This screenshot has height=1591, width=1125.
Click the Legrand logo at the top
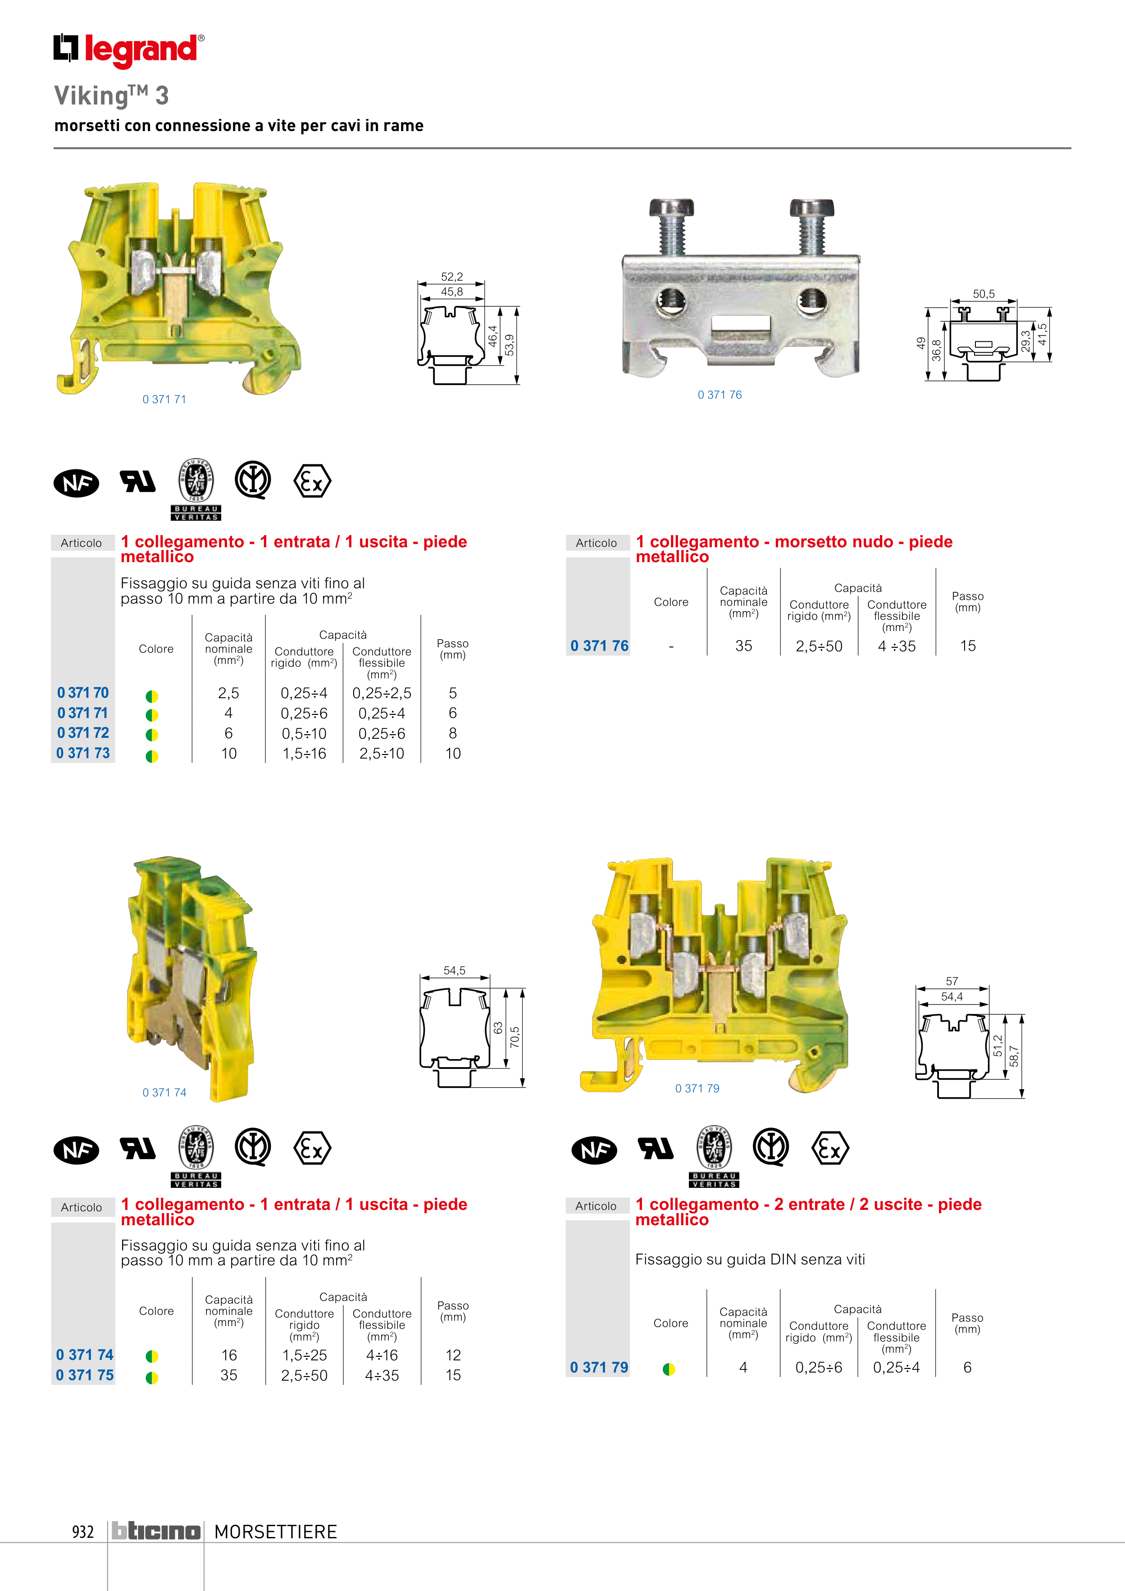click(x=129, y=50)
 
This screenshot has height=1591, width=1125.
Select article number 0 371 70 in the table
click(x=83, y=692)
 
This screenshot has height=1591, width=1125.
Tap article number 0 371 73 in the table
click(x=83, y=753)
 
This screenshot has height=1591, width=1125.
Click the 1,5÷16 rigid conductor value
click(x=304, y=753)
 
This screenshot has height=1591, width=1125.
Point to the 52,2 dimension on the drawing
click(x=451, y=277)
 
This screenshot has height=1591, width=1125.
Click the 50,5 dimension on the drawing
click(x=983, y=294)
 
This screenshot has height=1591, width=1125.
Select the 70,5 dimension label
click(x=515, y=1037)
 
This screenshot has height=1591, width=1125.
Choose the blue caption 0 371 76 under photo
click(x=720, y=395)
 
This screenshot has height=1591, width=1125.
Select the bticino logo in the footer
click(x=156, y=1532)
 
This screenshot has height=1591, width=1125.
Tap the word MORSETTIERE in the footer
click(x=276, y=1532)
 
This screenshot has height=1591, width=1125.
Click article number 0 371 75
click(x=85, y=1375)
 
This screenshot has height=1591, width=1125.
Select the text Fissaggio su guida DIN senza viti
click(x=750, y=1259)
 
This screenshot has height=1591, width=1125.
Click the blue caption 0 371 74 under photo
click(x=164, y=1092)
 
